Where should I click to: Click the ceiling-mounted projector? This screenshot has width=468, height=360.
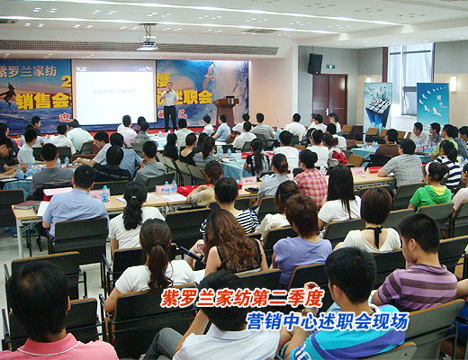click(x=147, y=41)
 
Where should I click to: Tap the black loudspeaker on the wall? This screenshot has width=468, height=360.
click(x=315, y=63)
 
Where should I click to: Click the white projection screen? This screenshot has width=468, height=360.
click(x=114, y=92)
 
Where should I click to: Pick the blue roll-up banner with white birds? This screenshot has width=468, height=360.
click(x=432, y=103)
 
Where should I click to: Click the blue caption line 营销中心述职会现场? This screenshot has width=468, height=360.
click(x=328, y=320)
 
